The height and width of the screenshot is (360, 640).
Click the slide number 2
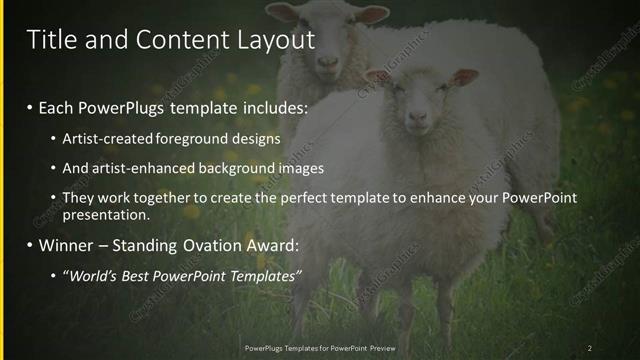(x=590, y=348)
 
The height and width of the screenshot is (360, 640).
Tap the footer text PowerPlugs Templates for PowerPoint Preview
(x=319, y=348)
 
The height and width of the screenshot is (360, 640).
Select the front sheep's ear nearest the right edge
(x=463, y=77)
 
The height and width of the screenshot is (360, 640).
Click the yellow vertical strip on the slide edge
(x=3, y=180)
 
